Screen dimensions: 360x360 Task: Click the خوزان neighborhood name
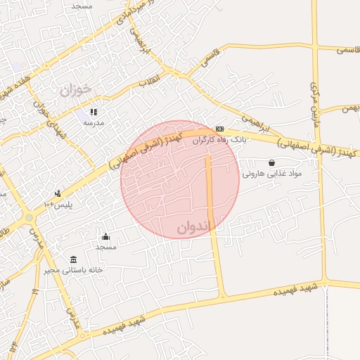tap(75, 91)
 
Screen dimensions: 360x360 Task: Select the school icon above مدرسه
tap(94, 111)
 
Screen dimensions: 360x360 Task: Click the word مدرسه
tap(94, 122)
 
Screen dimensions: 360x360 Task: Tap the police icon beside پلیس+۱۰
tap(58, 193)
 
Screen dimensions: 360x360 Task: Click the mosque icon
tap(106, 236)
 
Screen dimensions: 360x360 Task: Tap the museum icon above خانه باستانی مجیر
tap(75, 259)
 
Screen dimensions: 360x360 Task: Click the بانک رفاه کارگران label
tap(220, 140)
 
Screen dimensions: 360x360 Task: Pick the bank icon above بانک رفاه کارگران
tap(220, 129)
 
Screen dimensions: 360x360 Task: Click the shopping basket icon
tap(271, 162)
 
